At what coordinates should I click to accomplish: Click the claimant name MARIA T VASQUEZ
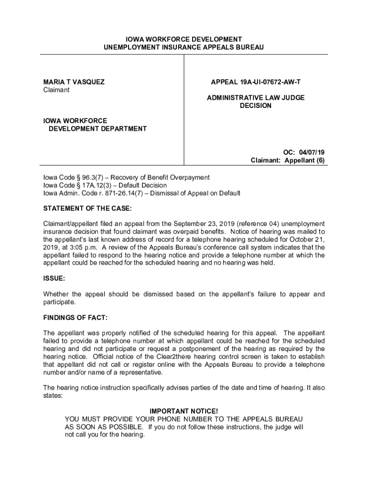click(x=74, y=82)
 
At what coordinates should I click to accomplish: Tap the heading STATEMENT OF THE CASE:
click(x=87, y=209)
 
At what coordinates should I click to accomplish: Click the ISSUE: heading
click(x=54, y=278)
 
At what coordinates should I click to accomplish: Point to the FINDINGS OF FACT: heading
click(x=76, y=318)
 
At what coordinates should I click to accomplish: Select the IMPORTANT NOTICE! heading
click(x=184, y=411)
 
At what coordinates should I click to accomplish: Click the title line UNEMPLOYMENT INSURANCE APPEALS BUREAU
click(x=184, y=47)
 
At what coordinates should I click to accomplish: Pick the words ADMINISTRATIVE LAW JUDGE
click(x=256, y=97)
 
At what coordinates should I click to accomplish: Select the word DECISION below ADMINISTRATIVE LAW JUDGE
click(x=256, y=106)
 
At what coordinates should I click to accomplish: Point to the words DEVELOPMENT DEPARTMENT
click(x=97, y=128)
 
